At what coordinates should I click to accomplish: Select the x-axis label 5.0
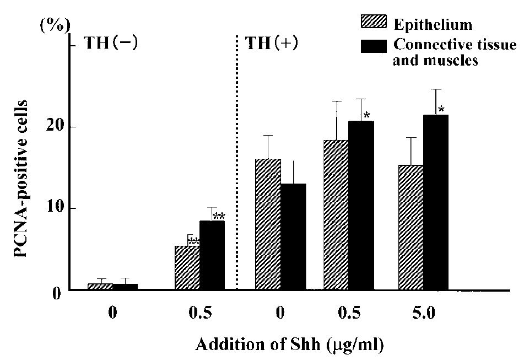coord(423,314)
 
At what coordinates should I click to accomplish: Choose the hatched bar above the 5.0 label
coord(410,227)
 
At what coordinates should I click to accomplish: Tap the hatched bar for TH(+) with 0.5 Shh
coord(336,215)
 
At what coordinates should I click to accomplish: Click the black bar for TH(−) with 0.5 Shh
coord(212,255)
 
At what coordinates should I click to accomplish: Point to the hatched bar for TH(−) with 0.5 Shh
coord(187,268)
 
